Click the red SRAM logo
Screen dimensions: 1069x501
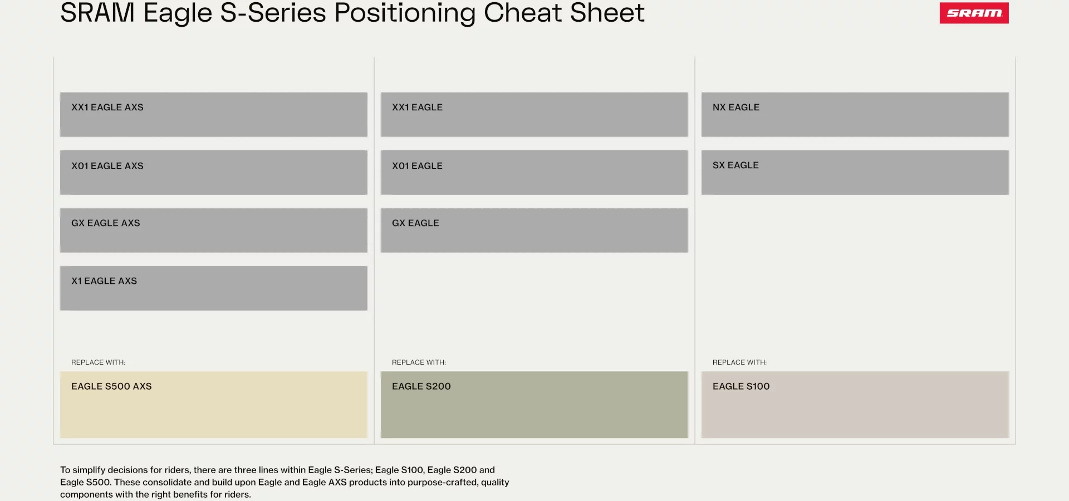[974, 13]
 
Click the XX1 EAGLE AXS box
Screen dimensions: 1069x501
[214, 115]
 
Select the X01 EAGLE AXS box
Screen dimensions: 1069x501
[214, 173]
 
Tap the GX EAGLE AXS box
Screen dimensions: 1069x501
[214, 230]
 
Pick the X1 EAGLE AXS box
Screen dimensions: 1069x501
[214, 288]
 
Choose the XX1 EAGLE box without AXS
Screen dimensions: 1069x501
[534, 115]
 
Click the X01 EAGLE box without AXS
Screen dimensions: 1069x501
[534, 173]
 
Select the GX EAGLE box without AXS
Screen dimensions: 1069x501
[534, 230]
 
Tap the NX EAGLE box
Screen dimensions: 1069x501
[855, 115]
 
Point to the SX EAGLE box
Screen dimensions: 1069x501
[855, 173]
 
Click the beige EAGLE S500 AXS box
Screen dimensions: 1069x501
[214, 405]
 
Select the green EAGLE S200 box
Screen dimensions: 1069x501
[534, 405]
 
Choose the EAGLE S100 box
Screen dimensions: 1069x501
[855, 405]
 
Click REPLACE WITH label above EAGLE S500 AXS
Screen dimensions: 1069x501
[99, 362]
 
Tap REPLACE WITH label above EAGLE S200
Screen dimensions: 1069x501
[419, 362]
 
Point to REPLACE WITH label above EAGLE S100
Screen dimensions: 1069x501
[740, 362]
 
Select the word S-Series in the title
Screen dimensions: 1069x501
[273, 12]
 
